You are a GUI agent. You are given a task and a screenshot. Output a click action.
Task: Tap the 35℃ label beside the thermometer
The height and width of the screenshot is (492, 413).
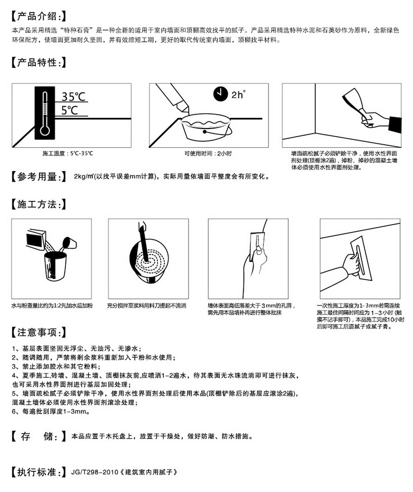click(73, 97)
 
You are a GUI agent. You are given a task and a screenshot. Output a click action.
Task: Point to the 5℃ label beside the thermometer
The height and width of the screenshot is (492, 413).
click(69, 110)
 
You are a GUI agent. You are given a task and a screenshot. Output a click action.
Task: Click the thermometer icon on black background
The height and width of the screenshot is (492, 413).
click(45, 114)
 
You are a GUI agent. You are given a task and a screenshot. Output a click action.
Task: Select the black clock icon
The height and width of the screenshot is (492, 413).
click(221, 94)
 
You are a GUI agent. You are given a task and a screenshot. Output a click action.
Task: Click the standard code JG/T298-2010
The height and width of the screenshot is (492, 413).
click(95, 471)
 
